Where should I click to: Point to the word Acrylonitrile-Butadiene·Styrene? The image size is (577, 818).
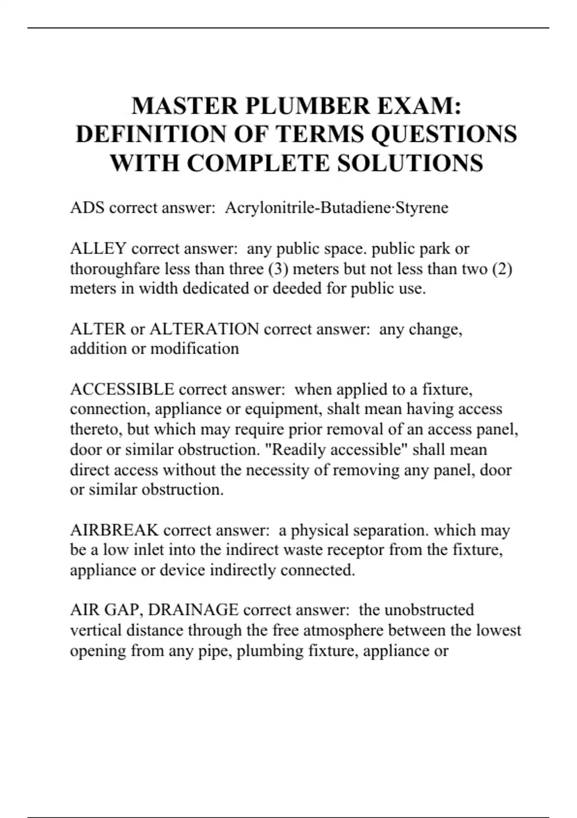point(337,208)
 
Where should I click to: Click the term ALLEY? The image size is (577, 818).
point(98,249)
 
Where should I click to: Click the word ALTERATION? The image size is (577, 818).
point(204,329)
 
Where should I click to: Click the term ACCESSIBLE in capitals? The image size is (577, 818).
point(122,389)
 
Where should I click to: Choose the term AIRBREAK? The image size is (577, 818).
point(114,530)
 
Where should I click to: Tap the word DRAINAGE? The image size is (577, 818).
point(193,610)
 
